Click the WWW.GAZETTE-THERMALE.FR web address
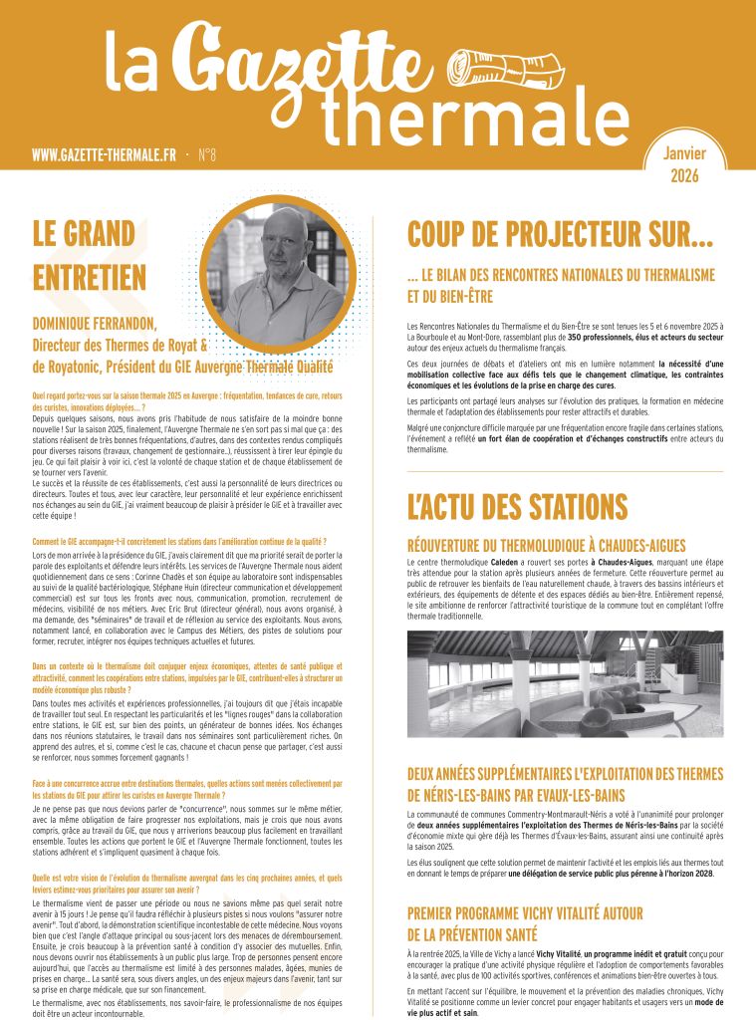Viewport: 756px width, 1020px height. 104,155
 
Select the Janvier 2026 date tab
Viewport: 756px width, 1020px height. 684,164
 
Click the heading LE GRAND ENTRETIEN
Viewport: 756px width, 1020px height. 90,255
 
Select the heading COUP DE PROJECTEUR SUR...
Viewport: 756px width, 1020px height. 560,235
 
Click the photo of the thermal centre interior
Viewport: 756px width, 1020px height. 565,683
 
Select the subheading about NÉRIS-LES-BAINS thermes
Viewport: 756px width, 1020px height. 565,784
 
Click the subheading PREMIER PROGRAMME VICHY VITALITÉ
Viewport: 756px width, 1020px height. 525,923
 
